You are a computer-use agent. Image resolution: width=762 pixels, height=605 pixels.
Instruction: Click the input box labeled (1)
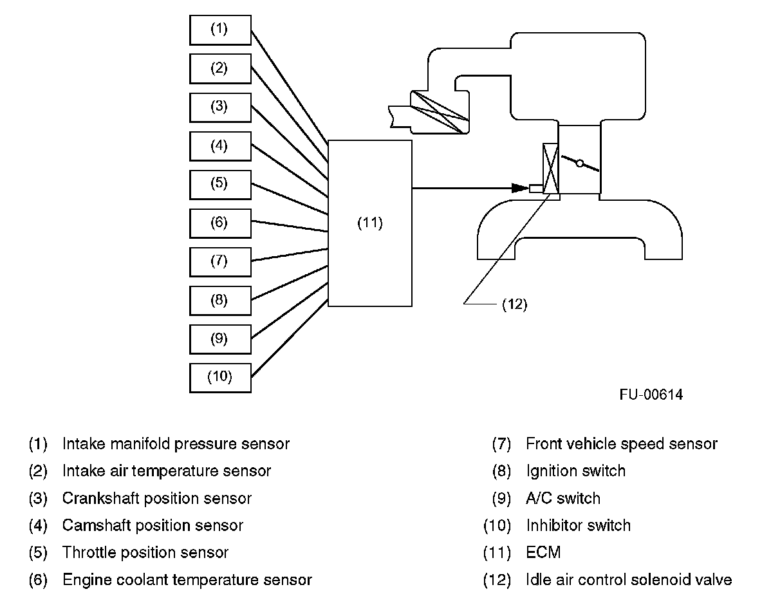220,30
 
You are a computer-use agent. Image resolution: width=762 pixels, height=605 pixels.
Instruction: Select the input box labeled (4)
220,145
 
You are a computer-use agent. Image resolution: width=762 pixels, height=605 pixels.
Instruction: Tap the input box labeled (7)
220,261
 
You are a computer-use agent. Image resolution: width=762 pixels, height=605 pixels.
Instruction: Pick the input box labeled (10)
220,377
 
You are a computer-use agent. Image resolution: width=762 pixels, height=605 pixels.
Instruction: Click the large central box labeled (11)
370,223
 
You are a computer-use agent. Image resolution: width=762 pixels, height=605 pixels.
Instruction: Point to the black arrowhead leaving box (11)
519,189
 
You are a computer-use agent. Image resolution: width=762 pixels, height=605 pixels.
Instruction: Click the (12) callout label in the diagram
514,305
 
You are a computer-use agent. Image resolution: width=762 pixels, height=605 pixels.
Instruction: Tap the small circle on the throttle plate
580,163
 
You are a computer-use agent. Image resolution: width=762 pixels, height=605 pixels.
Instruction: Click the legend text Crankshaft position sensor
157,498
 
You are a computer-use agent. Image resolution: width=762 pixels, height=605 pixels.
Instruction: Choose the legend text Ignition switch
575,471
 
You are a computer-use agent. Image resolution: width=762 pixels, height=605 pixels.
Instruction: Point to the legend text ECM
543,552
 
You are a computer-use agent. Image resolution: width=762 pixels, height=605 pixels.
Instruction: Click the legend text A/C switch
562,498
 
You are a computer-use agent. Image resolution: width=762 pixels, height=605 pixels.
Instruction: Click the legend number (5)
39,552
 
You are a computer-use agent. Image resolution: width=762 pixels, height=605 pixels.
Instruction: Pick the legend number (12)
497,580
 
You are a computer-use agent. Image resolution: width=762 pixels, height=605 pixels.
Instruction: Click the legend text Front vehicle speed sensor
621,444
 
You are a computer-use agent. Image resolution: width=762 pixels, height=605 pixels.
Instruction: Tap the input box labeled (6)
220,223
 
